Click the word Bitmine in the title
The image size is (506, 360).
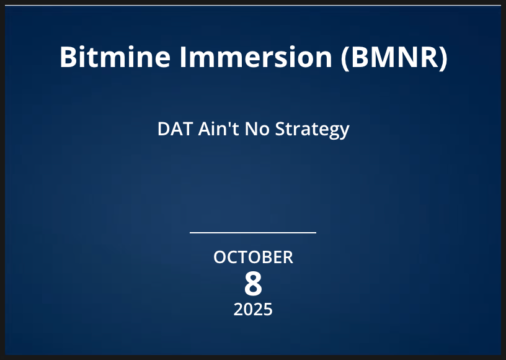(115, 57)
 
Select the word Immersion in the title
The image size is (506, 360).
(256, 57)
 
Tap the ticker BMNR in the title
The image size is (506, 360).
(394, 57)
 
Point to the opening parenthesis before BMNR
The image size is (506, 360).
(345, 58)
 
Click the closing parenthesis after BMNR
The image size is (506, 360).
(443, 58)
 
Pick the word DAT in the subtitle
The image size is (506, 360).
(175, 129)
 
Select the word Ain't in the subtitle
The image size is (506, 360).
(218, 128)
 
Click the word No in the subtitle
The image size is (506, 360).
(257, 129)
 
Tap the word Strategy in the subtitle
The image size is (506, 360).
(312, 130)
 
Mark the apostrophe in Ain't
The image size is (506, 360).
(229, 124)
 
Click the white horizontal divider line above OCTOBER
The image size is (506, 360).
(253, 233)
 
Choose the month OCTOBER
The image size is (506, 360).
(254, 258)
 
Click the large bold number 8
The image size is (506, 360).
(253, 284)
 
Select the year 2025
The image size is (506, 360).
(253, 309)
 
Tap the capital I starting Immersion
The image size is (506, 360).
(184, 57)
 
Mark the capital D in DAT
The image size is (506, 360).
(164, 129)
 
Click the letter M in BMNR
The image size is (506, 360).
(383, 57)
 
